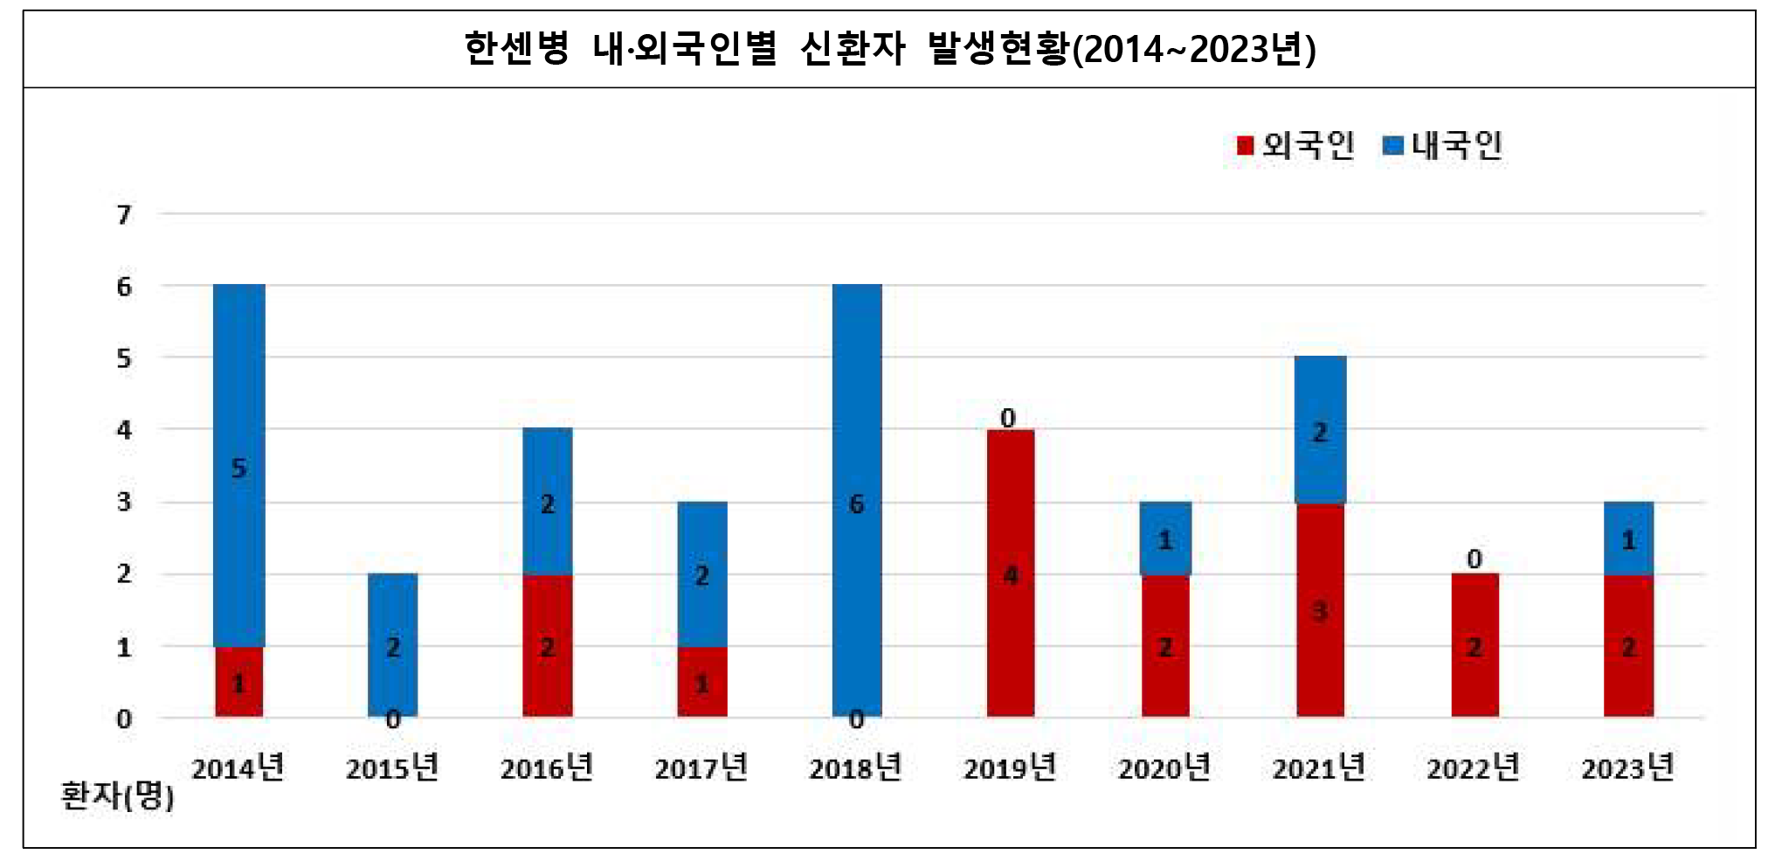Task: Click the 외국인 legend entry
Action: (1297, 146)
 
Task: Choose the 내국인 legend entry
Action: (1444, 146)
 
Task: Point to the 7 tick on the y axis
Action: (125, 214)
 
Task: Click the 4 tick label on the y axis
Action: (125, 430)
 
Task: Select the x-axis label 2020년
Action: (1164, 768)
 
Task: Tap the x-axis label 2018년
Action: (855, 768)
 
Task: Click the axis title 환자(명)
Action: (117, 795)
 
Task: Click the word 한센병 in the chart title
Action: (516, 48)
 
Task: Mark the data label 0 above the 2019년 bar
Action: (1008, 418)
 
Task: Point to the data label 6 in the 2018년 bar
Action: (856, 504)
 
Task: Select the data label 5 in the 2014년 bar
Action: (238, 469)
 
